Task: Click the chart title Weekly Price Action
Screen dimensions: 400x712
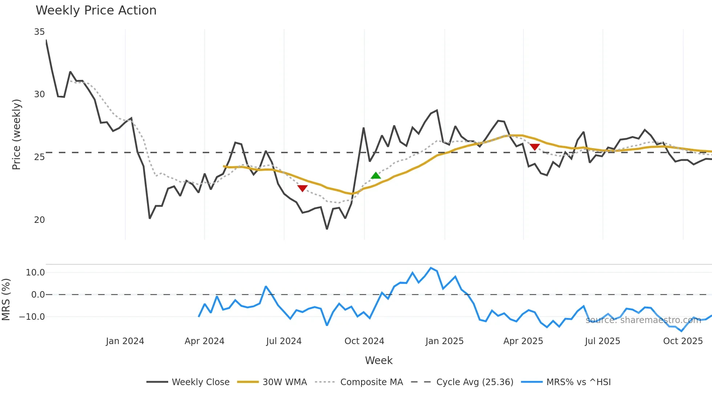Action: point(96,11)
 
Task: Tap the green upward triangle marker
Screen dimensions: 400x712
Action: point(376,176)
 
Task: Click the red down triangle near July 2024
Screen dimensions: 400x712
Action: point(302,188)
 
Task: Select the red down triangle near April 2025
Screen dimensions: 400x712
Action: point(535,147)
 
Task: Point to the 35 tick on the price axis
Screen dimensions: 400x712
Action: point(39,32)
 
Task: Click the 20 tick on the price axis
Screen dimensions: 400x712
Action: point(39,220)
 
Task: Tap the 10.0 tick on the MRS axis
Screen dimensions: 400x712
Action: point(35,273)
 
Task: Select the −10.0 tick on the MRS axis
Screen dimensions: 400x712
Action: point(32,317)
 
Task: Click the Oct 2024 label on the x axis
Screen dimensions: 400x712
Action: point(364,341)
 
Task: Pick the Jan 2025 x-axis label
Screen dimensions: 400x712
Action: point(444,341)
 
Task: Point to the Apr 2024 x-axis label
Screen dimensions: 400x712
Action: point(204,341)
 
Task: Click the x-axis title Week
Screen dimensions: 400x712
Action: point(379,360)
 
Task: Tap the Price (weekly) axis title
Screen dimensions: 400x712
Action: point(16,134)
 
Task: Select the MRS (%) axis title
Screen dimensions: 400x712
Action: point(6,299)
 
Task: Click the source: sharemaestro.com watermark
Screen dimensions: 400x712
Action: point(643,320)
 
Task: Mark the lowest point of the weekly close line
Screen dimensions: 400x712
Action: point(327,229)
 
